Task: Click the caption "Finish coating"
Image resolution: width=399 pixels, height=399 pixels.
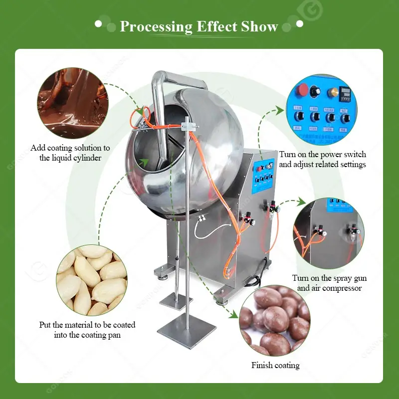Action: [275, 366]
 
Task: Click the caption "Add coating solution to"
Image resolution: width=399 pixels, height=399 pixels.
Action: [70, 148]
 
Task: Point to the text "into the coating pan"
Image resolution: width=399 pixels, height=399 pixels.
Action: [87, 335]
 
